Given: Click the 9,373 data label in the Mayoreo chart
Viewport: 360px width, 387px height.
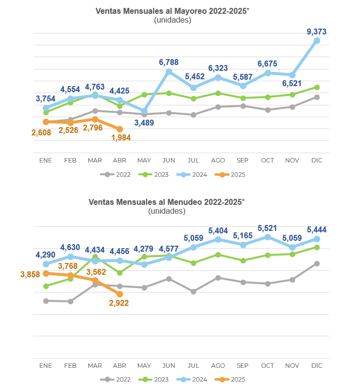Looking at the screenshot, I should click(x=317, y=32).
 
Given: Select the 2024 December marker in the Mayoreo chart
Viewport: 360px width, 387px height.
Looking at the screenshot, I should click(x=317, y=41).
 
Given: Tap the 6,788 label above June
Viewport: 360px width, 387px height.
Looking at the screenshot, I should click(x=169, y=62).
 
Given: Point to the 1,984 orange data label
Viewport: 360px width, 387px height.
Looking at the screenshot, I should click(x=121, y=138).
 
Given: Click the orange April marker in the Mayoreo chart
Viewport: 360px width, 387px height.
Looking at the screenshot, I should click(x=120, y=129).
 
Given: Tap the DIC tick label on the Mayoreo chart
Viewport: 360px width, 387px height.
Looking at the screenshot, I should click(x=317, y=161).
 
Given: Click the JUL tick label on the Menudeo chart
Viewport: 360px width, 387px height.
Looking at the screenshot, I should click(x=193, y=366).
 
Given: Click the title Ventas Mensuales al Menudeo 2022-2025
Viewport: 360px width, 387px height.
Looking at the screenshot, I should click(x=166, y=202).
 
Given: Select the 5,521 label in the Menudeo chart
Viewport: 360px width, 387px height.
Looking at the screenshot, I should click(x=268, y=228).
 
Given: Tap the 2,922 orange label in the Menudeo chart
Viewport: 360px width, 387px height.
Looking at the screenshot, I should click(x=119, y=303).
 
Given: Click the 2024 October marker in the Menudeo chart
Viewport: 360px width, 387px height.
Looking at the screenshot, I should click(x=268, y=237).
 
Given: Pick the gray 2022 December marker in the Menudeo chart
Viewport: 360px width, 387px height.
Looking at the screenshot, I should click(x=317, y=263).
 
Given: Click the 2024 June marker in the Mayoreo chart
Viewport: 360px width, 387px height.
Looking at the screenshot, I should click(x=169, y=72).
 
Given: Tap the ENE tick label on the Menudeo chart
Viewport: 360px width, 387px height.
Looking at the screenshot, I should click(x=45, y=366).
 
